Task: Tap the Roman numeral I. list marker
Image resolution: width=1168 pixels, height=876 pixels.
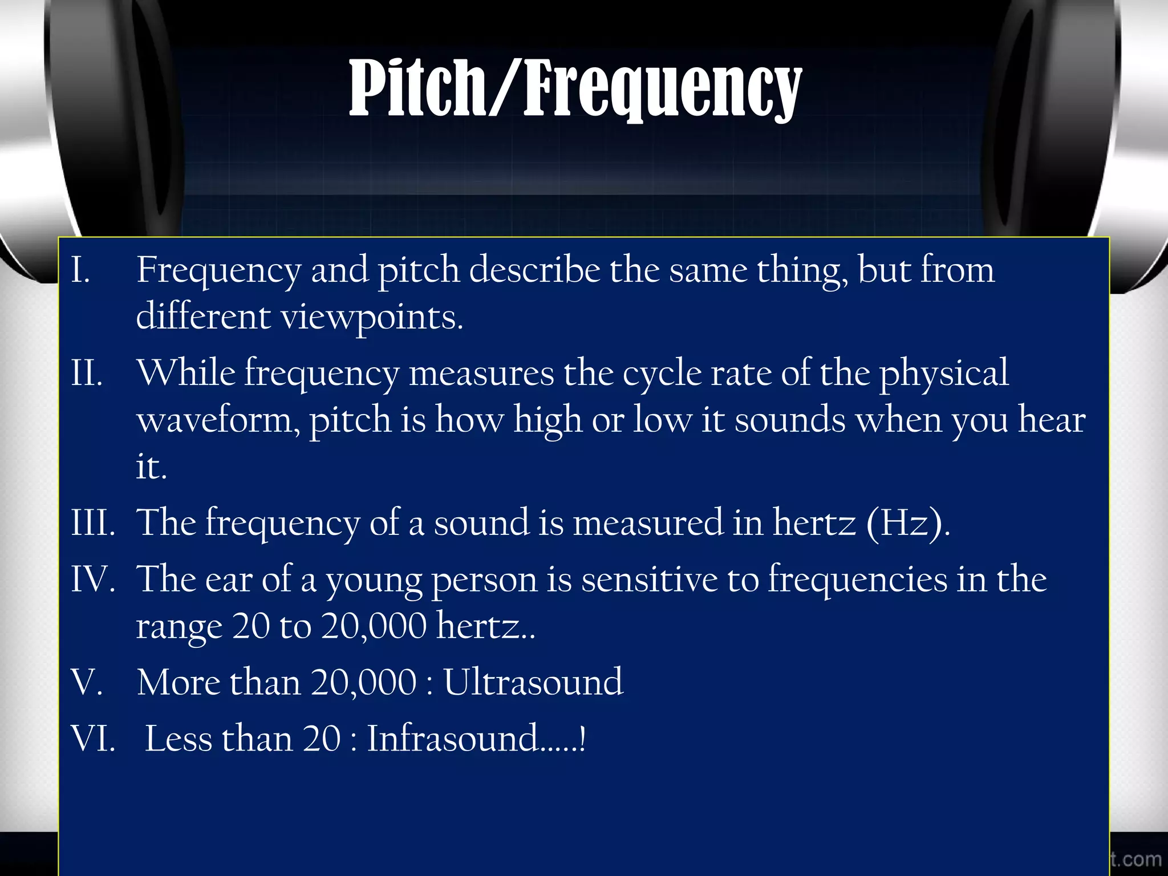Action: [81, 270]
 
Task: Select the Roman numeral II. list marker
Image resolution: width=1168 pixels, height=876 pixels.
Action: [87, 374]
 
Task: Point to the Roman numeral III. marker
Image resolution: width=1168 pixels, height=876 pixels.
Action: [93, 522]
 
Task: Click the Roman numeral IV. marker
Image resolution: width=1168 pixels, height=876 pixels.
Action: [93, 579]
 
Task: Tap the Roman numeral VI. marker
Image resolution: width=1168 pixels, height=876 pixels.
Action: [93, 739]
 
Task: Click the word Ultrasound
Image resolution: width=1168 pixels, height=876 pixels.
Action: [533, 682]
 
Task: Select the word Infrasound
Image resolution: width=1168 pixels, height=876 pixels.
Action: [453, 739]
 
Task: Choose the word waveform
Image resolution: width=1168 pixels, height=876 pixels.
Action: [218, 421]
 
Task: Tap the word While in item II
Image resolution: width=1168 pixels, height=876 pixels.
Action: [186, 374]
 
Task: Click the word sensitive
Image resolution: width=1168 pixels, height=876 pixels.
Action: [649, 579]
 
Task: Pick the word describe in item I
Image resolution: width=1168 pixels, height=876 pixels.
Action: [534, 270]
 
